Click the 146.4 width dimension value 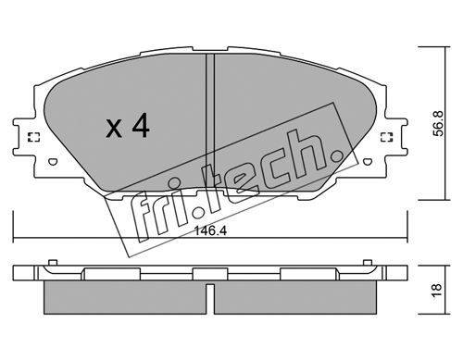[x=211, y=230]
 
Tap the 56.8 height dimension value [x=438, y=123]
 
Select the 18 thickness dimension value [x=438, y=291]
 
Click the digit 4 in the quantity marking [x=141, y=125]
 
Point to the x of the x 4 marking [x=114, y=129]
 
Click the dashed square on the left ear [x=33, y=137]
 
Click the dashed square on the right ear [x=386, y=137]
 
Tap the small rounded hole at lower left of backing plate [x=53, y=161]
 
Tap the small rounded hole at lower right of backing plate [x=367, y=161]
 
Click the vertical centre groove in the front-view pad [x=210, y=121]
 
